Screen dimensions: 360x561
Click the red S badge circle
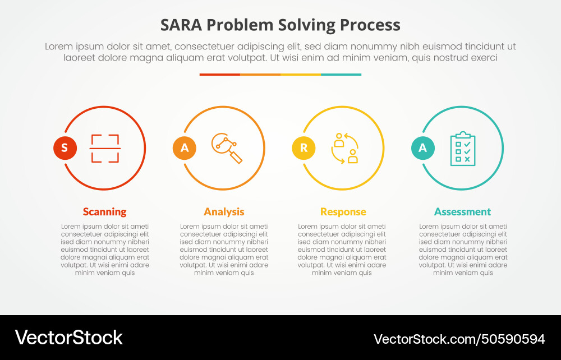pyautogui.click(x=65, y=148)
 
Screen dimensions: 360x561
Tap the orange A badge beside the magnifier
pyautogui.click(x=184, y=148)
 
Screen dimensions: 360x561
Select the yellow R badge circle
pyautogui.click(x=304, y=148)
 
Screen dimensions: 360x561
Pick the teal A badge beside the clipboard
pyautogui.click(x=423, y=148)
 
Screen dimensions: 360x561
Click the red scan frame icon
pyautogui.click(x=105, y=148)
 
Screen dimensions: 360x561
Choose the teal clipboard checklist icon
pyautogui.click(x=463, y=149)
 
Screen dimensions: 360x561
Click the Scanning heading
pyautogui.click(x=104, y=211)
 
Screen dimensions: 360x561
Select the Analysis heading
pyautogui.click(x=224, y=211)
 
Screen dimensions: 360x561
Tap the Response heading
pyautogui.click(x=343, y=211)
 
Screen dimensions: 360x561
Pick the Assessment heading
pyautogui.click(x=462, y=211)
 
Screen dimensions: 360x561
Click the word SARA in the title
pyautogui.click(x=181, y=25)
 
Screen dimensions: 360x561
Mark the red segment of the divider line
pyautogui.click(x=220, y=74)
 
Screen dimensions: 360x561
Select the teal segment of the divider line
pyautogui.click(x=341, y=74)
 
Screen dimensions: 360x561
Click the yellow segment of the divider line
pyautogui.click(x=301, y=74)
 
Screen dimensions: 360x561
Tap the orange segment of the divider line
pyautogui.click(x=260, y=74)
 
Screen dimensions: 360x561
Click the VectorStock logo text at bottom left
pyautogui.click(x=68, y=337)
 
